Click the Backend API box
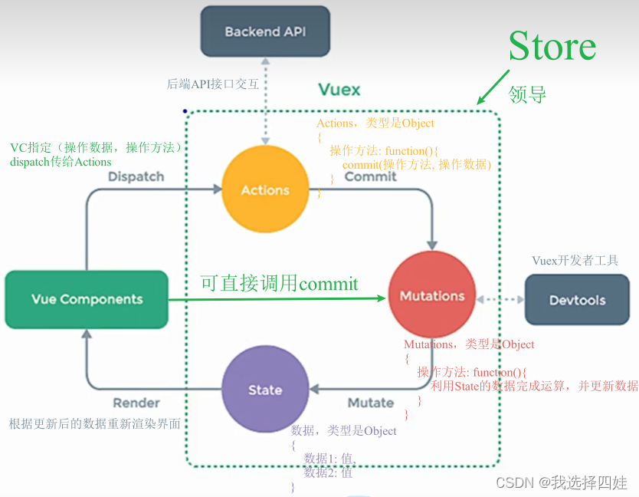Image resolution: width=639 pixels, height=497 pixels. pos(264,32)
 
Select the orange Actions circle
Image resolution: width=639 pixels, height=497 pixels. pos(265,190)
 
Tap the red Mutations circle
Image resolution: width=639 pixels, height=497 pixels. pos(432,296)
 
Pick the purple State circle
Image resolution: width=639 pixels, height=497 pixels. pos(265,390)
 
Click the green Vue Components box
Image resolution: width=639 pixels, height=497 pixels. pos(87,299)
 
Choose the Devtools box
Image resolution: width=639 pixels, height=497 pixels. pos(577,300)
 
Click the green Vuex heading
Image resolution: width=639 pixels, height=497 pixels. pos(339,90)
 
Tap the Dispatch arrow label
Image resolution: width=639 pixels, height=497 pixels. pos(136,176)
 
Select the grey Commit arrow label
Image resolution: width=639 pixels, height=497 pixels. pos(370,176)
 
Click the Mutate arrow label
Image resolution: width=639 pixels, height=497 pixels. pos(371,403)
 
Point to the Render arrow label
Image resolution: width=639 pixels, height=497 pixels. pos(136,403)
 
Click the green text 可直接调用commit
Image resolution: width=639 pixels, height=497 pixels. pos(279,284)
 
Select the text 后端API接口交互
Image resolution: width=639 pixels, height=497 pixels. pos(212,84)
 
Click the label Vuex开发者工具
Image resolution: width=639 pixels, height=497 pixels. pos(575,261)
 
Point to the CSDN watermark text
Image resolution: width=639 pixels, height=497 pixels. pos(561,482)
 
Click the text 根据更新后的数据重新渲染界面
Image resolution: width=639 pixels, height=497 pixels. pos(95,423)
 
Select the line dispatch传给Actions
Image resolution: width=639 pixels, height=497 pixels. pos(61,162)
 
